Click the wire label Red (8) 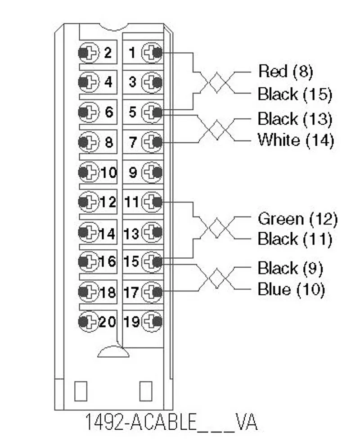coord(285,71)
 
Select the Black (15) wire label coord(295,94)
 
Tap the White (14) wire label coord(296,140)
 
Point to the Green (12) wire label coord(297,219)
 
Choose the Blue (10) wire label coord(291,289)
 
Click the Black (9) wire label coord(290,268)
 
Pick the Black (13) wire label coord(295,119)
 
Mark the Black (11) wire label coord(295,239)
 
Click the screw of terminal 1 coord(152,53)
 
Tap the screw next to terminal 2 coord(89,53)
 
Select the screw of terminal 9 coord(152,172)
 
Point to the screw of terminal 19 coord(152,322)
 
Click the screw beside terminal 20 coord(89,322)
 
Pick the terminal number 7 coord(133,142)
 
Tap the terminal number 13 coord(131,234)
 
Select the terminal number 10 coord(109,172)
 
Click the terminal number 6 coord(109,112)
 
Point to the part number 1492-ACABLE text coord(141,422)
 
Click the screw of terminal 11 coord(152,202)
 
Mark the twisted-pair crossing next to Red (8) coord(217,83)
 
